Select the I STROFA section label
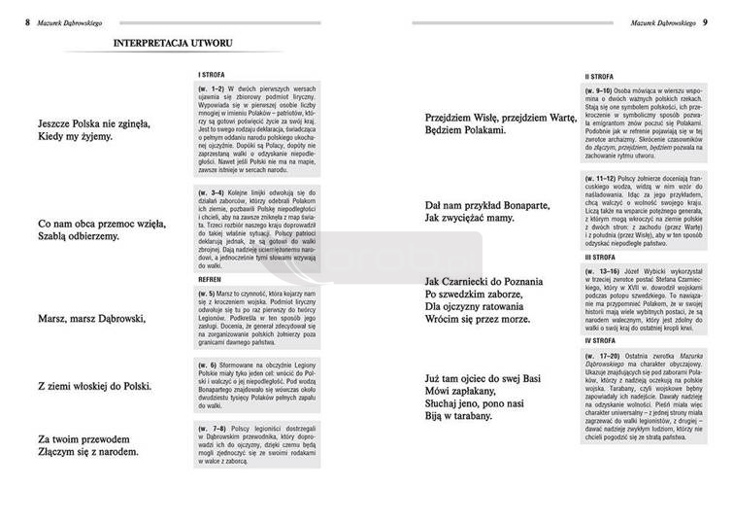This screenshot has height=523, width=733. tap(213, 74)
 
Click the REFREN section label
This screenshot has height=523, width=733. tap(210, 277)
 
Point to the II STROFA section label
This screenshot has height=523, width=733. tap(598, 76)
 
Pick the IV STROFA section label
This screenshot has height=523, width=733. tap(599, 342)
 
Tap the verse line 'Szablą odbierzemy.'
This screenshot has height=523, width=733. tap(84, 236)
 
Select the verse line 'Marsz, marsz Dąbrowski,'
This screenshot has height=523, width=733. tap(90, 319)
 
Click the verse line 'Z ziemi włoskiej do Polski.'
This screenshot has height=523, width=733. tap(95, 387)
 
